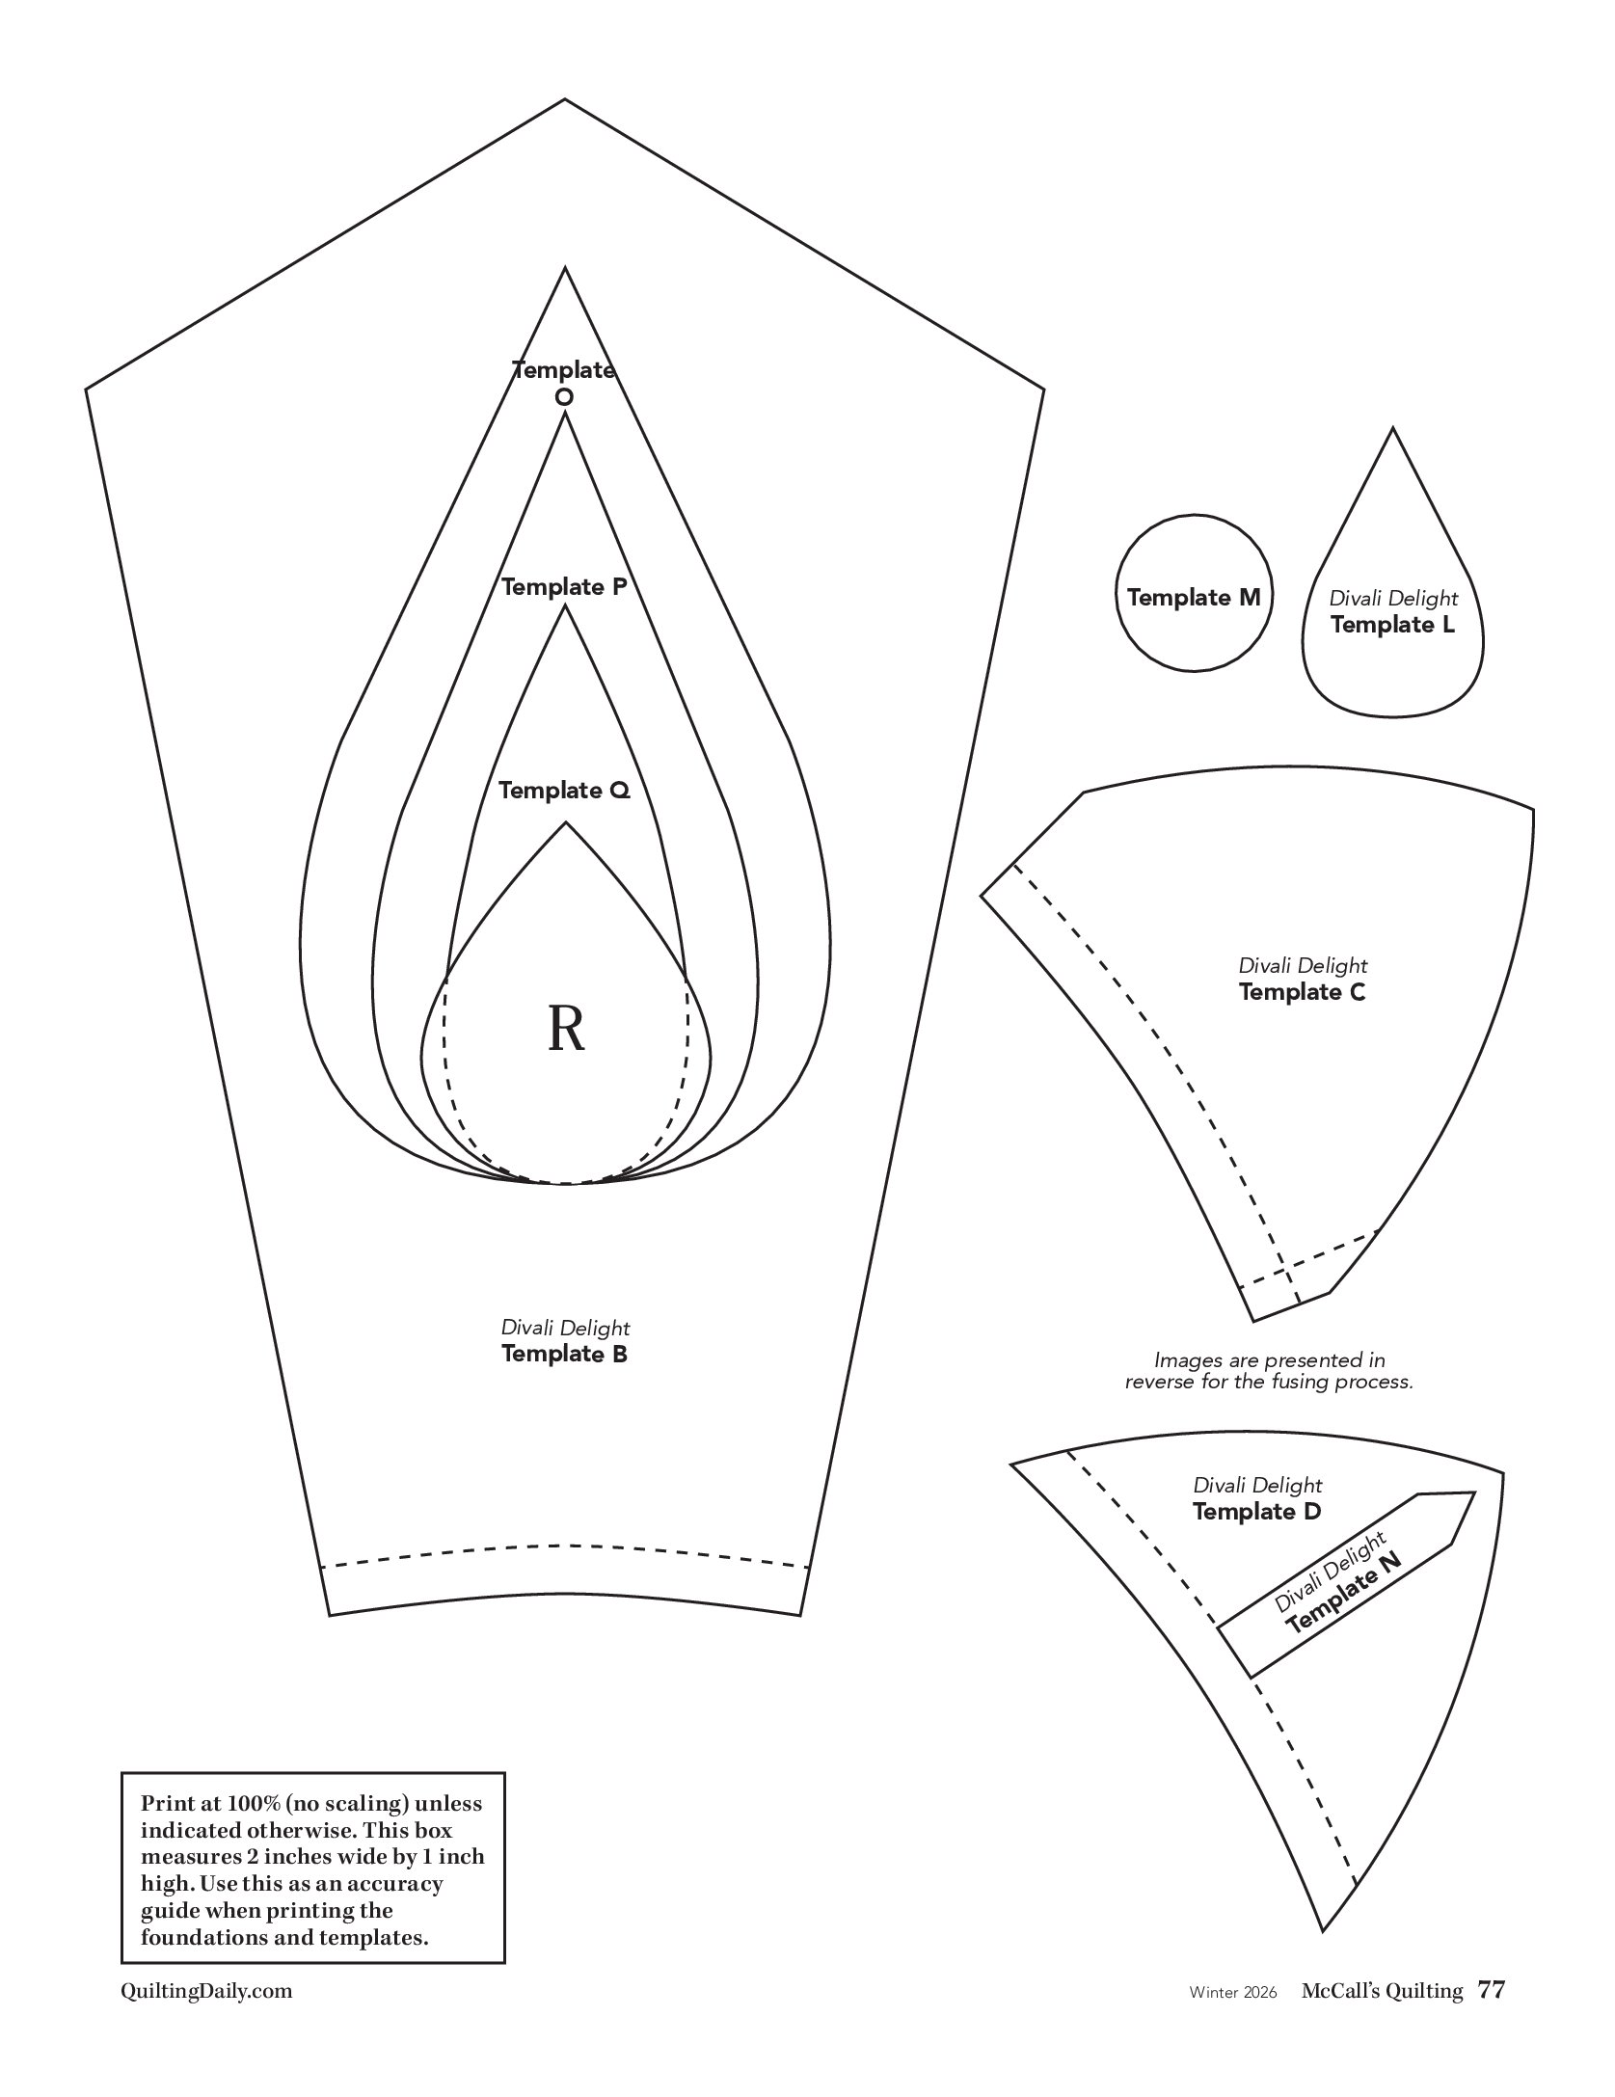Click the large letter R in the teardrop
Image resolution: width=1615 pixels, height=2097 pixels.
tap(566, 1029)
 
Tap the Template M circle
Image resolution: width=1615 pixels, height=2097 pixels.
tap(1193, 598)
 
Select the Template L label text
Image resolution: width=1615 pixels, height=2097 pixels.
tap(1392, 625)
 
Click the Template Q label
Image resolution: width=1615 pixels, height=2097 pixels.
tap(564, 791)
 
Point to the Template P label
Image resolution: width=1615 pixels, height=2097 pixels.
tap(564, 586)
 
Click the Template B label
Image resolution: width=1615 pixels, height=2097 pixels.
tap(564, 1354)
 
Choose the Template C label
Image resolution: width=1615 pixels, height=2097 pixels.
tap(1302, 992)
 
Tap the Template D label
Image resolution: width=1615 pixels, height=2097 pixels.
tap(1256, 1512)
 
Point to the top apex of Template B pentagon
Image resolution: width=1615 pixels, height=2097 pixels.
tap(564, 99)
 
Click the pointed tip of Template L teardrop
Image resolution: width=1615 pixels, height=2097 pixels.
tap(1392, 429)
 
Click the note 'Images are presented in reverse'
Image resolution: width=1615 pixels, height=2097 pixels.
tap(1269, 1371)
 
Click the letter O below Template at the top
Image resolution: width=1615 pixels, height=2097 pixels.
tap(564, 396)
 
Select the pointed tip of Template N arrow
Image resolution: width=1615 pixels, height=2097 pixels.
tap(1473, 1493)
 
